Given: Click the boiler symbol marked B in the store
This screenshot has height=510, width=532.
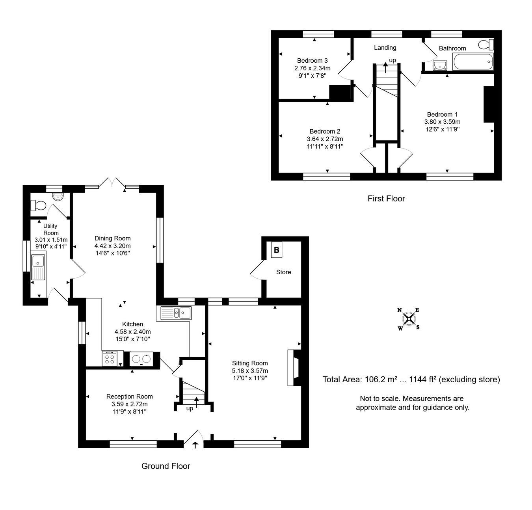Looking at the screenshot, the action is tap(276, 249).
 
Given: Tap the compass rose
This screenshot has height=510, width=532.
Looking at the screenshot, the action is tap(408, 319).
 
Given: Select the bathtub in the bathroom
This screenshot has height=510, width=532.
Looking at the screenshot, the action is tap(473, 62).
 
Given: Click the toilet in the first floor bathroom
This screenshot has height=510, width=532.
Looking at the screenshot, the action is tap(486, 45).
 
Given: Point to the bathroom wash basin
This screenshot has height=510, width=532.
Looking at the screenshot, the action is tap(440, 66).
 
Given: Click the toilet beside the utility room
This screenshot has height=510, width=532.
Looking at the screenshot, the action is tap(38, 205).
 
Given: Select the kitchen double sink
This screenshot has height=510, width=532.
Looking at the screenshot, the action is tap(176, 313).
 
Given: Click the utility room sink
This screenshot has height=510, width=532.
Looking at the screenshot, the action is tap(38, 268).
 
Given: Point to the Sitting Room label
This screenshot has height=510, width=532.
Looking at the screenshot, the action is tap(249, 363).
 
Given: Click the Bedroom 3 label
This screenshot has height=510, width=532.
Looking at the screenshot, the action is tap(312, 60).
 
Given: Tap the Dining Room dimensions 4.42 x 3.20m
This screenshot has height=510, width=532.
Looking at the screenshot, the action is tap(112, 246).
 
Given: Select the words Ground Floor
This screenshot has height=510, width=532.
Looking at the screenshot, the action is tap(166, 466).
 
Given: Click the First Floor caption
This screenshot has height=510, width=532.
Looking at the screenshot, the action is tap(386, 199).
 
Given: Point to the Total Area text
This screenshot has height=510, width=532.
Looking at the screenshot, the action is tap(411, 379).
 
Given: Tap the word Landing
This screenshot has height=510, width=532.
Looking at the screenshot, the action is tap(385, 48).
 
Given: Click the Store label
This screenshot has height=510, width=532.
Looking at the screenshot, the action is tap(283, 272).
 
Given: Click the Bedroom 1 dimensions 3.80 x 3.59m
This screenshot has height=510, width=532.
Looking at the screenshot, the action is tap(442, 122).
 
